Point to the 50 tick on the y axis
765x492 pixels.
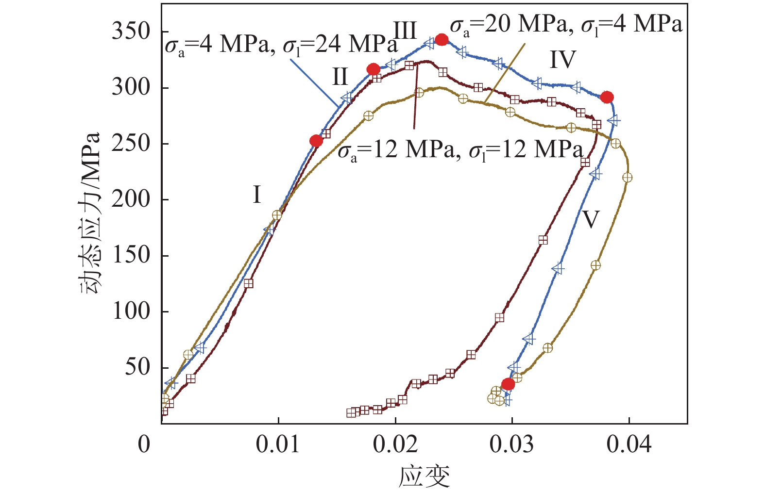click(x=137, y=367)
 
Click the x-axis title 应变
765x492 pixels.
click(x=424, y=476)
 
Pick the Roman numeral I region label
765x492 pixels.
click(x=257, y=195)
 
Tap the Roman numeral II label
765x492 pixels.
click(x=340, y=77)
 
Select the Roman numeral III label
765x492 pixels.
click(x=405, y=31)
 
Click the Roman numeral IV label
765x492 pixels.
click(x=562, y=60)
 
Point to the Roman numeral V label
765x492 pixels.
click(x=591, y=220)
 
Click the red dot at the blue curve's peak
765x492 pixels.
click(x=441, y=40)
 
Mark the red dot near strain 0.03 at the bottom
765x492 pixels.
click(x=508, y=384)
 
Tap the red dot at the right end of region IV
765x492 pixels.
click(x=607, y=98)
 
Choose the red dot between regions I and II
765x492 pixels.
click(x=316, y=141)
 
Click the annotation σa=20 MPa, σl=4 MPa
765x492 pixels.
click(x=566, y=25)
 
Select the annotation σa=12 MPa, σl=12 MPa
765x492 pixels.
click(x=460, y=150)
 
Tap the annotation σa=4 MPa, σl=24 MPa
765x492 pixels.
click(x=281, y=45)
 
